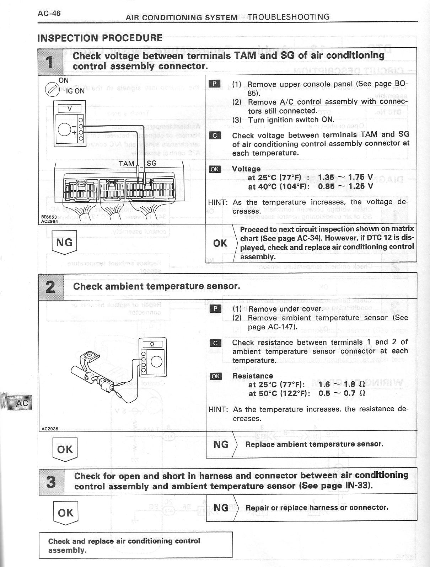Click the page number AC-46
tap(49, 14)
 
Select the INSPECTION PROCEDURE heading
tap(100, 38)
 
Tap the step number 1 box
tap(50, 61)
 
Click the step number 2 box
tap(51, 287)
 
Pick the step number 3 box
tap(52, 482)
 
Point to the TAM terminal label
tap(127, 164)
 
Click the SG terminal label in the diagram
tap(151, 163)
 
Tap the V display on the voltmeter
tap(70, 108)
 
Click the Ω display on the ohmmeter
tap(152, 344)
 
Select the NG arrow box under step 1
tap(64, 243)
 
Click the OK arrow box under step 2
tap(65, 450)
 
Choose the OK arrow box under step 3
tap(65, 513)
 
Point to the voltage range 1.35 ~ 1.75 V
tap(345, 177)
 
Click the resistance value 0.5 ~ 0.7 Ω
tap(342, 393)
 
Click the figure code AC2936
tap(49, 429)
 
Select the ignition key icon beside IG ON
tap(52, 89)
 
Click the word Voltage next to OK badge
tap(246, 169)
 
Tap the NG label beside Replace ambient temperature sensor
tap(221, 444)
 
